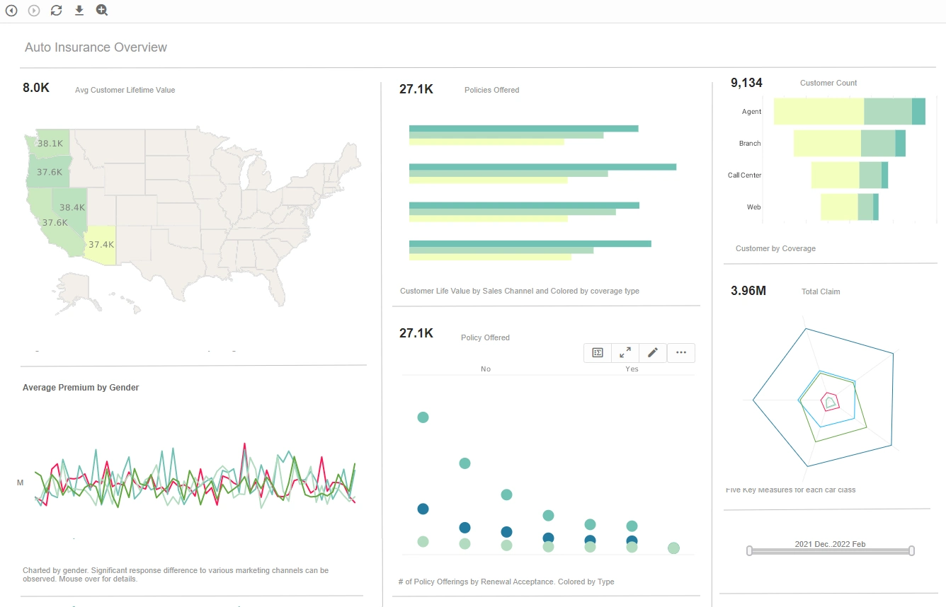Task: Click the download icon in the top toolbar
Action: tap(79, 10)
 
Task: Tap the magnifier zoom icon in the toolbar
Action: tap(102, 10)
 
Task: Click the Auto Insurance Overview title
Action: tap(96, 47)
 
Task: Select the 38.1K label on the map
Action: tap(50, 143)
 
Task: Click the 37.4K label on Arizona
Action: tap(101, 244)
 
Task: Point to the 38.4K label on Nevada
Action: tap(72, 207)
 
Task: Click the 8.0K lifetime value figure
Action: tap(36, 88)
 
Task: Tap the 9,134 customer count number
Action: tap(746, 83)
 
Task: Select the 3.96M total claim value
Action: tap(748, 291)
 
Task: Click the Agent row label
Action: tap(751, 112)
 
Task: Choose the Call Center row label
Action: tap(744, 175)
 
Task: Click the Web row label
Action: tap(753, 207)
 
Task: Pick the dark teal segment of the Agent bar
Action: tap(918, 112)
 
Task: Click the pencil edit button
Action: tap(653, 352)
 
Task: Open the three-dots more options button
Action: tap(681, 352)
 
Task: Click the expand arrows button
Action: tap(625, 352)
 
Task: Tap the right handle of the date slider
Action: tap(912, 550)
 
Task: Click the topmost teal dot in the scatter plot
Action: tap(423, 417)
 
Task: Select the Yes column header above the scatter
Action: tap(632, 369)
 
